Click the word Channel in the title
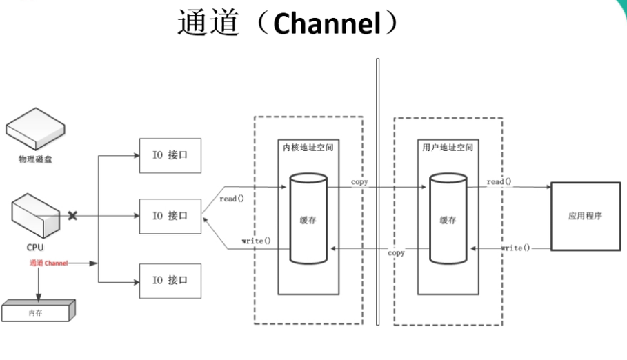(x=327, y=24)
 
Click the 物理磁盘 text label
(x=35, y=159)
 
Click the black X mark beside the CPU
(x=72, y=216)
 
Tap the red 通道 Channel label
(x=48, y=263)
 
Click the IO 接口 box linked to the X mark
(x=170, y=216)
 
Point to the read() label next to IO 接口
(x=232, y=199)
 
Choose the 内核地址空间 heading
(x=308, y=148)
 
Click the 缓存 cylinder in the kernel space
(x=308, y=219)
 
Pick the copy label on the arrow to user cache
(x=359, y=182)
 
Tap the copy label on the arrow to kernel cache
(x=396, y=253)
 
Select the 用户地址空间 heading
(x=448, y=148)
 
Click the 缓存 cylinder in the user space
(x=448, y=219)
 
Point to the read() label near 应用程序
(x=499, y=181)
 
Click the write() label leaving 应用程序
(x=515, y=247)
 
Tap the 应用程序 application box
(x=585, y=216)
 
